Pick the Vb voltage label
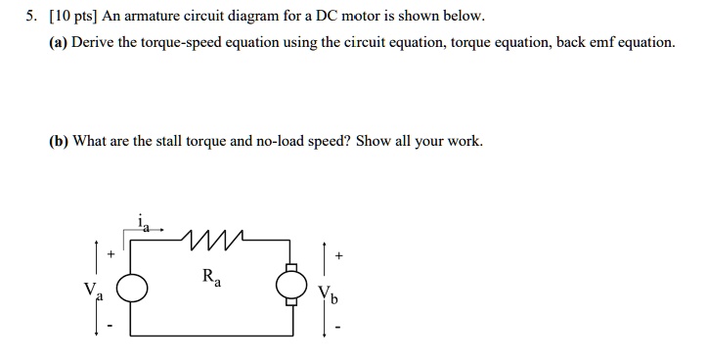[330, 292]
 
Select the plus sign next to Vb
[338, 254]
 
